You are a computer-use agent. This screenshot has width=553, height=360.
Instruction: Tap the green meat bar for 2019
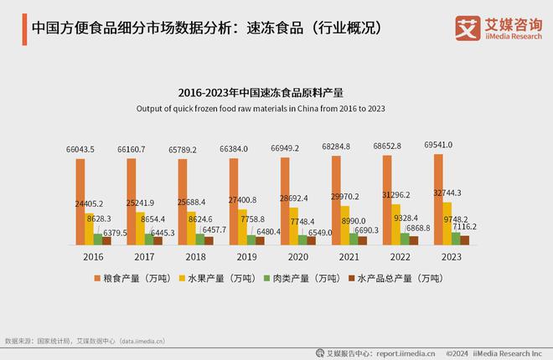click(x=251, y=239)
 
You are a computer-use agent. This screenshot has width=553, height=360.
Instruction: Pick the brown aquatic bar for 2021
click(x=364, y=240)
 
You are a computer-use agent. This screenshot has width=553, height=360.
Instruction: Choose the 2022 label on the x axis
click(x=401, y=257)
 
